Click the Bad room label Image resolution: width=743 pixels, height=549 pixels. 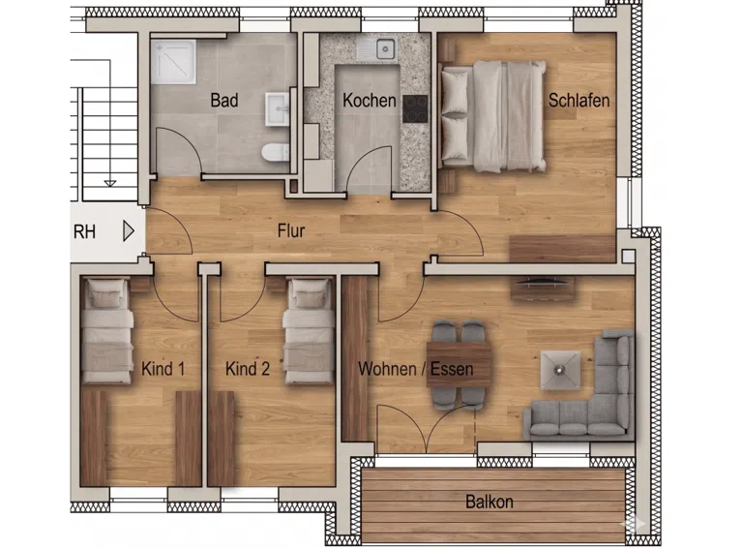pyautogui.click(x=224, y=101)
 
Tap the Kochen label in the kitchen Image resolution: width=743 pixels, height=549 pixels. pyautogui.click(x=370, y=101)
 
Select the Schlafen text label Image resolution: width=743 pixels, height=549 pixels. pyautogui.click(x=579, y=101)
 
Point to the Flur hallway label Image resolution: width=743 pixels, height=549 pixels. pyautogui.click(x=291, y=230)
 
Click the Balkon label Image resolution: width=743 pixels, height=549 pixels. pyautogui.click(x=489, y=502)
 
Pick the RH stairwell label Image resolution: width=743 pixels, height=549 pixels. pyautogui.click(x=84, y=231)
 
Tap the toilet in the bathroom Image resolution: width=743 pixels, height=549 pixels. pyautogui.click(x=276, y=152)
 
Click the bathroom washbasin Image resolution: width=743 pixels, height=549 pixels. pyautogui.click(x=278, y=108)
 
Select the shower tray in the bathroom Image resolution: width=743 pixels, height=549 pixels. pyautogui.click(x=173, y=62)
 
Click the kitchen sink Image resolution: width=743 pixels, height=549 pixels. pyautogui.click(x=376, y=49)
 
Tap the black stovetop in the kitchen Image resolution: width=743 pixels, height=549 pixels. pyautogui.click(x=415, y=108)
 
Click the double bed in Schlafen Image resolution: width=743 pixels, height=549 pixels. pyautogui.click(x=492, y=116)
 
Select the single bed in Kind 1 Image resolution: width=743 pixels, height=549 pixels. pyautogui.click(x=106, y=331)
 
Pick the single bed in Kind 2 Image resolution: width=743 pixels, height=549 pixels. pyautogui.click(x=309, y=331)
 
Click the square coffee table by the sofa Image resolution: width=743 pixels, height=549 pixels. pyautogui.click(x=560, y=370)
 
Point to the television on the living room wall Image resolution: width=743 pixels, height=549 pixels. pyautogui.click(x=542, y=284)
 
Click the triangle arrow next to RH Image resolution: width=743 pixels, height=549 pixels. pyautogui.click(x=129, y=231)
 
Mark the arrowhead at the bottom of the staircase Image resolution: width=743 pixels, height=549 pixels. pyautogui.click(x=110, y=183)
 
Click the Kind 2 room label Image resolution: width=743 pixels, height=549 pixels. pyautogui.click(x=248, y=369)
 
